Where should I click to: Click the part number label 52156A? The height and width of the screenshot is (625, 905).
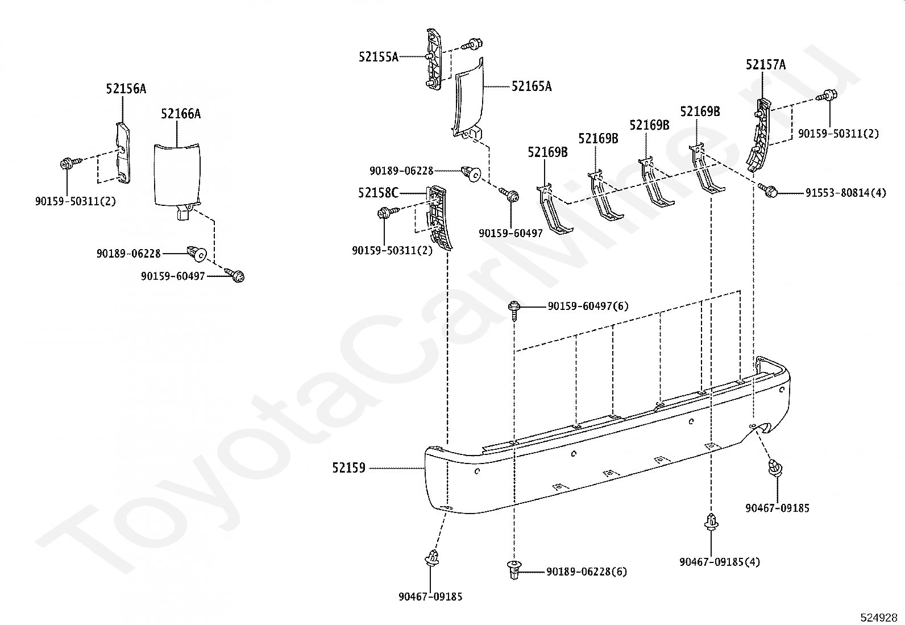(x=126, y=89)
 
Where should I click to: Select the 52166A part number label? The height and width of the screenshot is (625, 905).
(x=181, y=114)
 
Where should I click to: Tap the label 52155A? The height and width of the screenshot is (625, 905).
(x=379, y=57)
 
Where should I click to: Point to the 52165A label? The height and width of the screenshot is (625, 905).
(x=532, y=86)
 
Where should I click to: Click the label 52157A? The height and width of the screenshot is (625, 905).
(x=766, y=64)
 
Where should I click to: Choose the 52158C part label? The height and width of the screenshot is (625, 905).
(x=378, y=193)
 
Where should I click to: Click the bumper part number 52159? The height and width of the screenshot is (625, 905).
(x=348, y=467)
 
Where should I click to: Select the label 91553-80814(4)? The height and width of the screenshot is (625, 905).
(x=846, y=193)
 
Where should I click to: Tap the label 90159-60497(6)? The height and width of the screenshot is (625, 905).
(x=588, y=306)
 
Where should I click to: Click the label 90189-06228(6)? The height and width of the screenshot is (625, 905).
(x=587, y=572)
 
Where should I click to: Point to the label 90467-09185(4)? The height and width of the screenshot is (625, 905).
(x=720, y=562)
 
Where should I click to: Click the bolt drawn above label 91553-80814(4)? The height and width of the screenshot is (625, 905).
(x=767, y=190)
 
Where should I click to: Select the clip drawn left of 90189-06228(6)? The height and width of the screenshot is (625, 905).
(x=514, y=569)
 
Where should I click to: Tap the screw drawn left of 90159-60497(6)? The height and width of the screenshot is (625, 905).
(x=514, y=311)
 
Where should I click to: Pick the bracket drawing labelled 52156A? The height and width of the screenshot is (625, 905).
(x=123, y=153)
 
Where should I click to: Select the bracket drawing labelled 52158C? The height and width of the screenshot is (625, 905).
(x=439, y=217)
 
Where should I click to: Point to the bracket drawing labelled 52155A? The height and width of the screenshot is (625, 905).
(x=434, y=59)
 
